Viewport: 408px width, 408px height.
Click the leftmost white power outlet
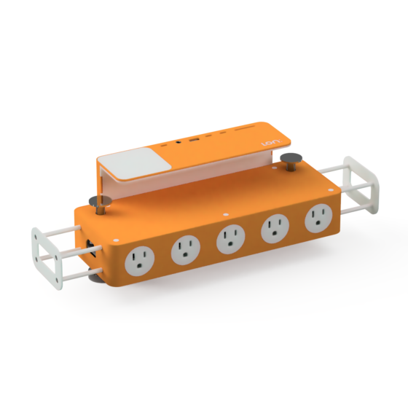click(140, 259)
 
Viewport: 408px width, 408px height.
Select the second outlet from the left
click(185, 252)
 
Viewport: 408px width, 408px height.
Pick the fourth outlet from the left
click(273, 229)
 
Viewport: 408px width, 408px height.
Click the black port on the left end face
click(90, 246)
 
